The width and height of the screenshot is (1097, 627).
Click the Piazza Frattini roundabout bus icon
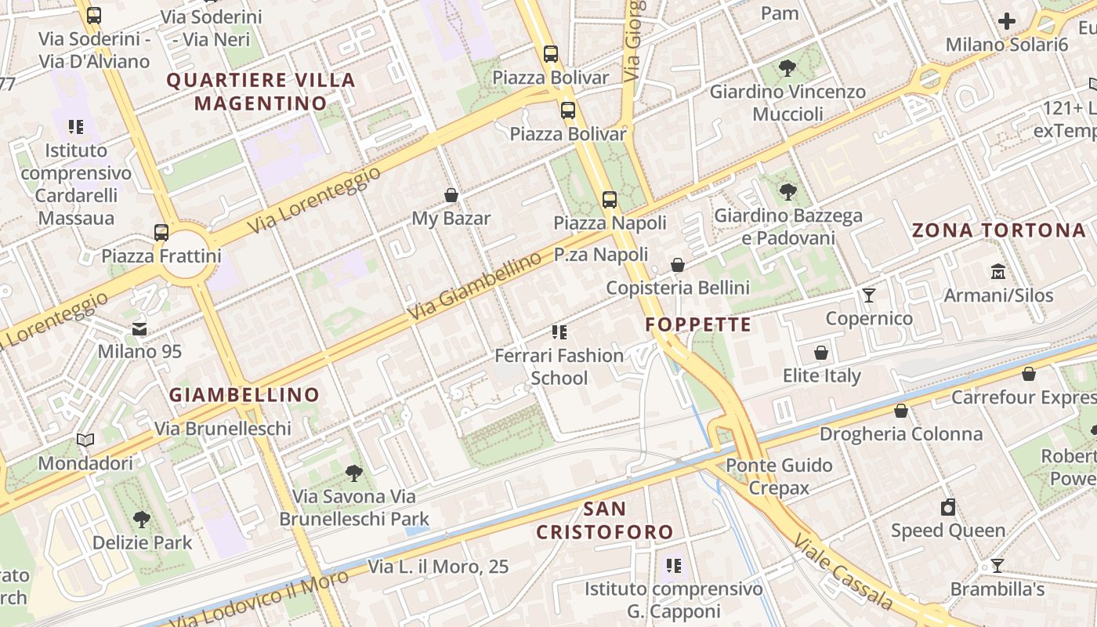tap(161, 232)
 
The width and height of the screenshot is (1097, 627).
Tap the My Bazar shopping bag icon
tap(451, 194)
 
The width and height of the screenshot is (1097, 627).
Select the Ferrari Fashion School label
tap(559, 366)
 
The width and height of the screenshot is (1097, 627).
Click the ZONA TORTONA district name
tap(999, 230)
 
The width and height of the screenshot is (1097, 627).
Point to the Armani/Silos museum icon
tap(998, 272)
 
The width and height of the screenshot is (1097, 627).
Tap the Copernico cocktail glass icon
tap(869, 295)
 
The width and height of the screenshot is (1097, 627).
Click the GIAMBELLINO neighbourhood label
tap(244, 394)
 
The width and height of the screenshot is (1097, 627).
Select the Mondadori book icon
tap(85, 440)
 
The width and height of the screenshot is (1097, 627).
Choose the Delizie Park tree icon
tap(142, 518)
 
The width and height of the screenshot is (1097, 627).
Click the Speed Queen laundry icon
tap(948, 507)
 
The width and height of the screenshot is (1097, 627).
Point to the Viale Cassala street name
tap(842, 572)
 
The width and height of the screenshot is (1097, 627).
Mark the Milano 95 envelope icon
tap(139, 328)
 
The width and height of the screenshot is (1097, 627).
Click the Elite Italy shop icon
tap(821, 353)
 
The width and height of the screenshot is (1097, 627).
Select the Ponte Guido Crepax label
tap(778, 477)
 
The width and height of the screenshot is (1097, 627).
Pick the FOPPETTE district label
tap(698, 324)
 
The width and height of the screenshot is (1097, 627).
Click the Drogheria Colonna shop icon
tap(901, 411)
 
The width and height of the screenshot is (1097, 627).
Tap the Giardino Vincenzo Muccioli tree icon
tap(787, 68)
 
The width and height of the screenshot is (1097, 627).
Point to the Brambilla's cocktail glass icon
tap(997, 565)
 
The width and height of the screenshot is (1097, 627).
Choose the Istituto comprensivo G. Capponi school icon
tap(673, 565)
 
